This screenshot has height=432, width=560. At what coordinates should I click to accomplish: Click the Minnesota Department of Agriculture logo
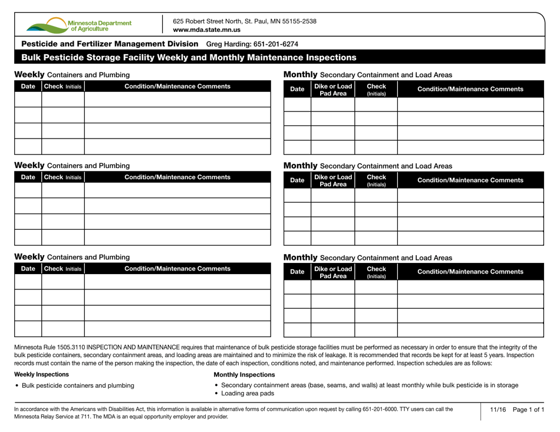point(79,25)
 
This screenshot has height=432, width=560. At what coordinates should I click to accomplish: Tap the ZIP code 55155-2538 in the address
point(297,21)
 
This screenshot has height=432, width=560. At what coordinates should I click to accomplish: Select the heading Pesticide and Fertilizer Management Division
point(110,44)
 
